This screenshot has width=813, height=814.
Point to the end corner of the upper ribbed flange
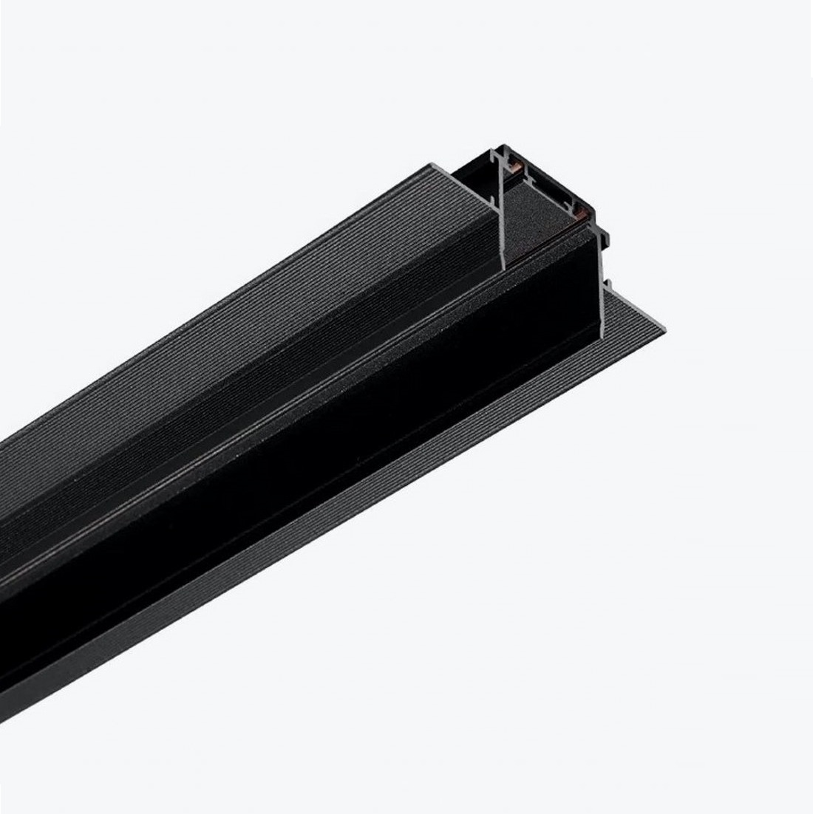tap(429, 162)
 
